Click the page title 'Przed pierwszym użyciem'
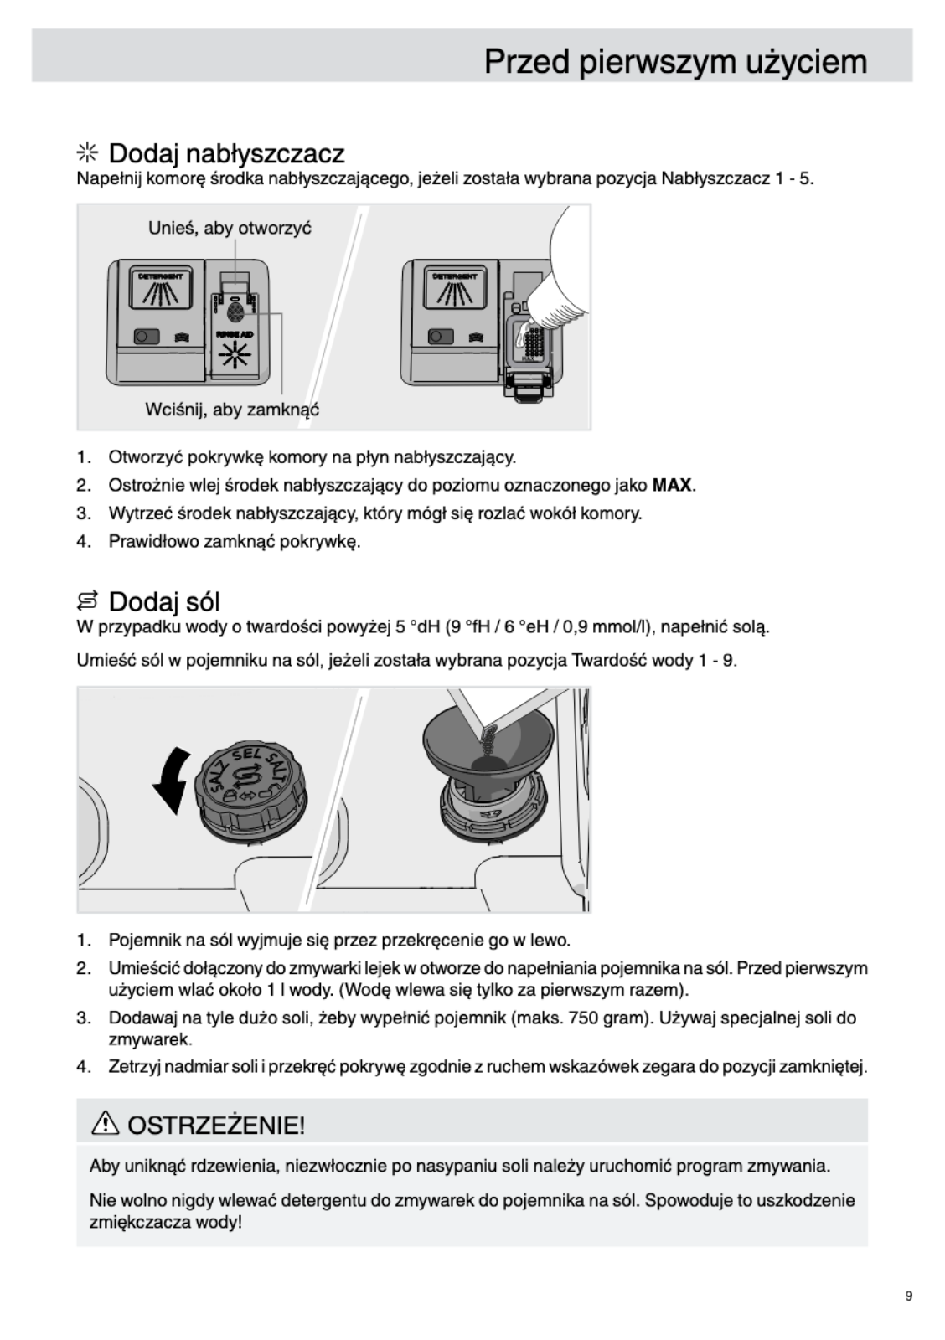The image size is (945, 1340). [x=675, y=62]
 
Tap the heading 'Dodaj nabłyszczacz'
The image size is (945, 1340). [x=226, y=154]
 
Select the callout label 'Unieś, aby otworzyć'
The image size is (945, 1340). [x=230, y=228]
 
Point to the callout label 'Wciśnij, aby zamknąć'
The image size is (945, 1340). [x=232, y=410]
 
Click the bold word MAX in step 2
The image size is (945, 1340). [x=671, y=485]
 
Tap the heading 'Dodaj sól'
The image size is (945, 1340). [x=164, y=601]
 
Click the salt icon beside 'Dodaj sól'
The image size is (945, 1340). [x=87, y=601]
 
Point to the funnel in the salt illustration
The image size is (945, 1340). [x=486, y=741]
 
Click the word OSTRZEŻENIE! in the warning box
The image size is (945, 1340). [x=215, y=1124]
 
